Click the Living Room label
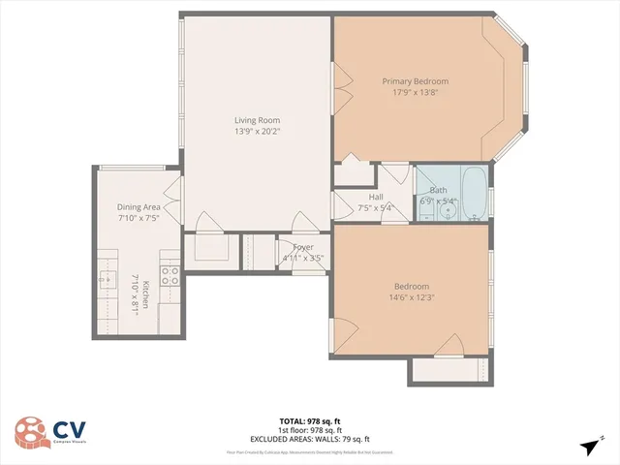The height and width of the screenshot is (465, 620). tap(250, 120)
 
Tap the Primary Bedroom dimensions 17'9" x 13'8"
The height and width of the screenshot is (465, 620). tap(415, 93)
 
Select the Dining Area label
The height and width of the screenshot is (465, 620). tap(139, 206)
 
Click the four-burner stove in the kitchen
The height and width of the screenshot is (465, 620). tap(170, 275)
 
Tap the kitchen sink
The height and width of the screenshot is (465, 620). tap(105, 281)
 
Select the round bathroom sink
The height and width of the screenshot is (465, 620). tap(448, 209)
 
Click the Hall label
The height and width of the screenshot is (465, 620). tap(377, 197)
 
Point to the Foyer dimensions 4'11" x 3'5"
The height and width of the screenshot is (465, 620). tap(302, 259)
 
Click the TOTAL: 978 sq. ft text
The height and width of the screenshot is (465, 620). tap(309, 420)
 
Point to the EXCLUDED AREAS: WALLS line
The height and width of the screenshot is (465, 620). tap(310, 438)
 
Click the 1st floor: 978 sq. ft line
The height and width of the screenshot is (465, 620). tap(310, 429)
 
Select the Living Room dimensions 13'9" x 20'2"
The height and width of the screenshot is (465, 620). tap(250, 132)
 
